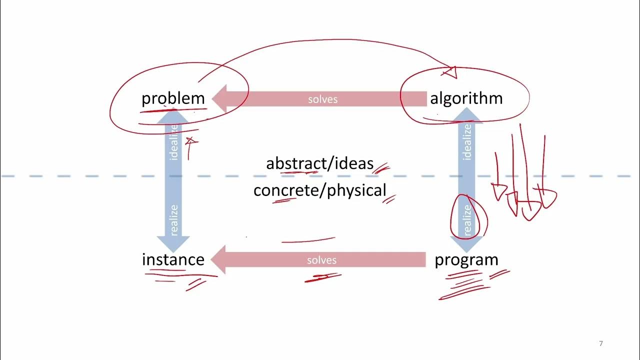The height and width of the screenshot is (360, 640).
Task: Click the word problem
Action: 173,98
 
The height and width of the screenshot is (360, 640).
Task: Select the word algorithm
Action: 466,98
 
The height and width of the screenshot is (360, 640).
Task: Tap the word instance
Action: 173,259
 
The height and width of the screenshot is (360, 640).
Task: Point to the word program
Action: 466,259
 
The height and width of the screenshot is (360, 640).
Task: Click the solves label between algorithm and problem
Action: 322,99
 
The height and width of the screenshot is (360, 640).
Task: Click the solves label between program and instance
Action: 321,260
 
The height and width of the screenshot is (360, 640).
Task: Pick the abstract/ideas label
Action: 320,163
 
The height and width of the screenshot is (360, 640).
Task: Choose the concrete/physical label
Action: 320,190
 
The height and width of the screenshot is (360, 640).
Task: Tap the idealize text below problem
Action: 174,142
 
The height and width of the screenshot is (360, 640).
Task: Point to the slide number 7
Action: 600,343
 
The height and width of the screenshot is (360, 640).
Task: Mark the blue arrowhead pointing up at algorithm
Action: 467,114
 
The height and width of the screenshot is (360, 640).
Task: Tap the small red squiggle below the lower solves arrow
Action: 322,277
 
